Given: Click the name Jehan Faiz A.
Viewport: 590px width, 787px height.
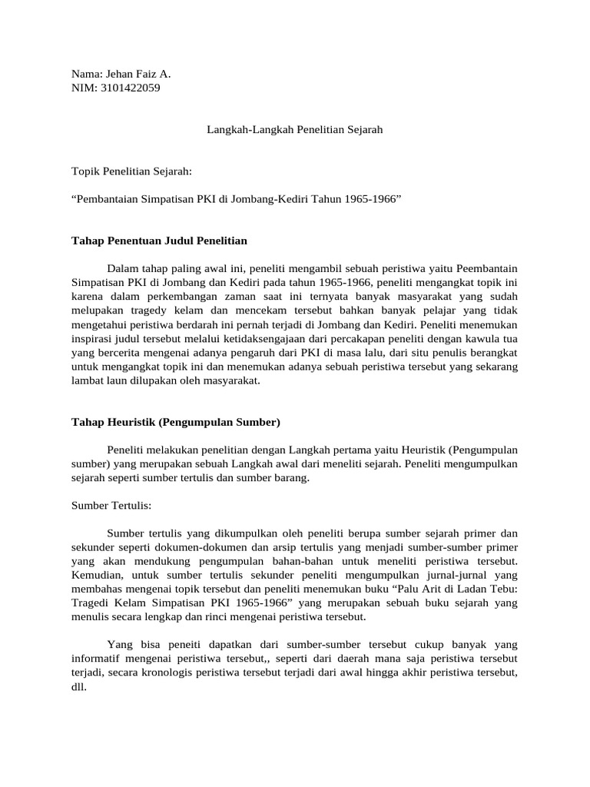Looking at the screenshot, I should point(137,75).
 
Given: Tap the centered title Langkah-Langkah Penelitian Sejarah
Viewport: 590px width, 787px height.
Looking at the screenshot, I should point(294,130).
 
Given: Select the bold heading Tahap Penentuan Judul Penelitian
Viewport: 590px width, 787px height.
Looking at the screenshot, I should point(159,241).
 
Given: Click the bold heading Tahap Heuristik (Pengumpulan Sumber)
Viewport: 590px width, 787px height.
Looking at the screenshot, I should point(176,422).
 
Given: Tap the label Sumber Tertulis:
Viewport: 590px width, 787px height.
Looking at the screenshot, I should point(111,505).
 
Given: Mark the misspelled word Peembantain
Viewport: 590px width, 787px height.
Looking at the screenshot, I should point(487,268).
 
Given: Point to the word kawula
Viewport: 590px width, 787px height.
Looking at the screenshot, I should point(477,337).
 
